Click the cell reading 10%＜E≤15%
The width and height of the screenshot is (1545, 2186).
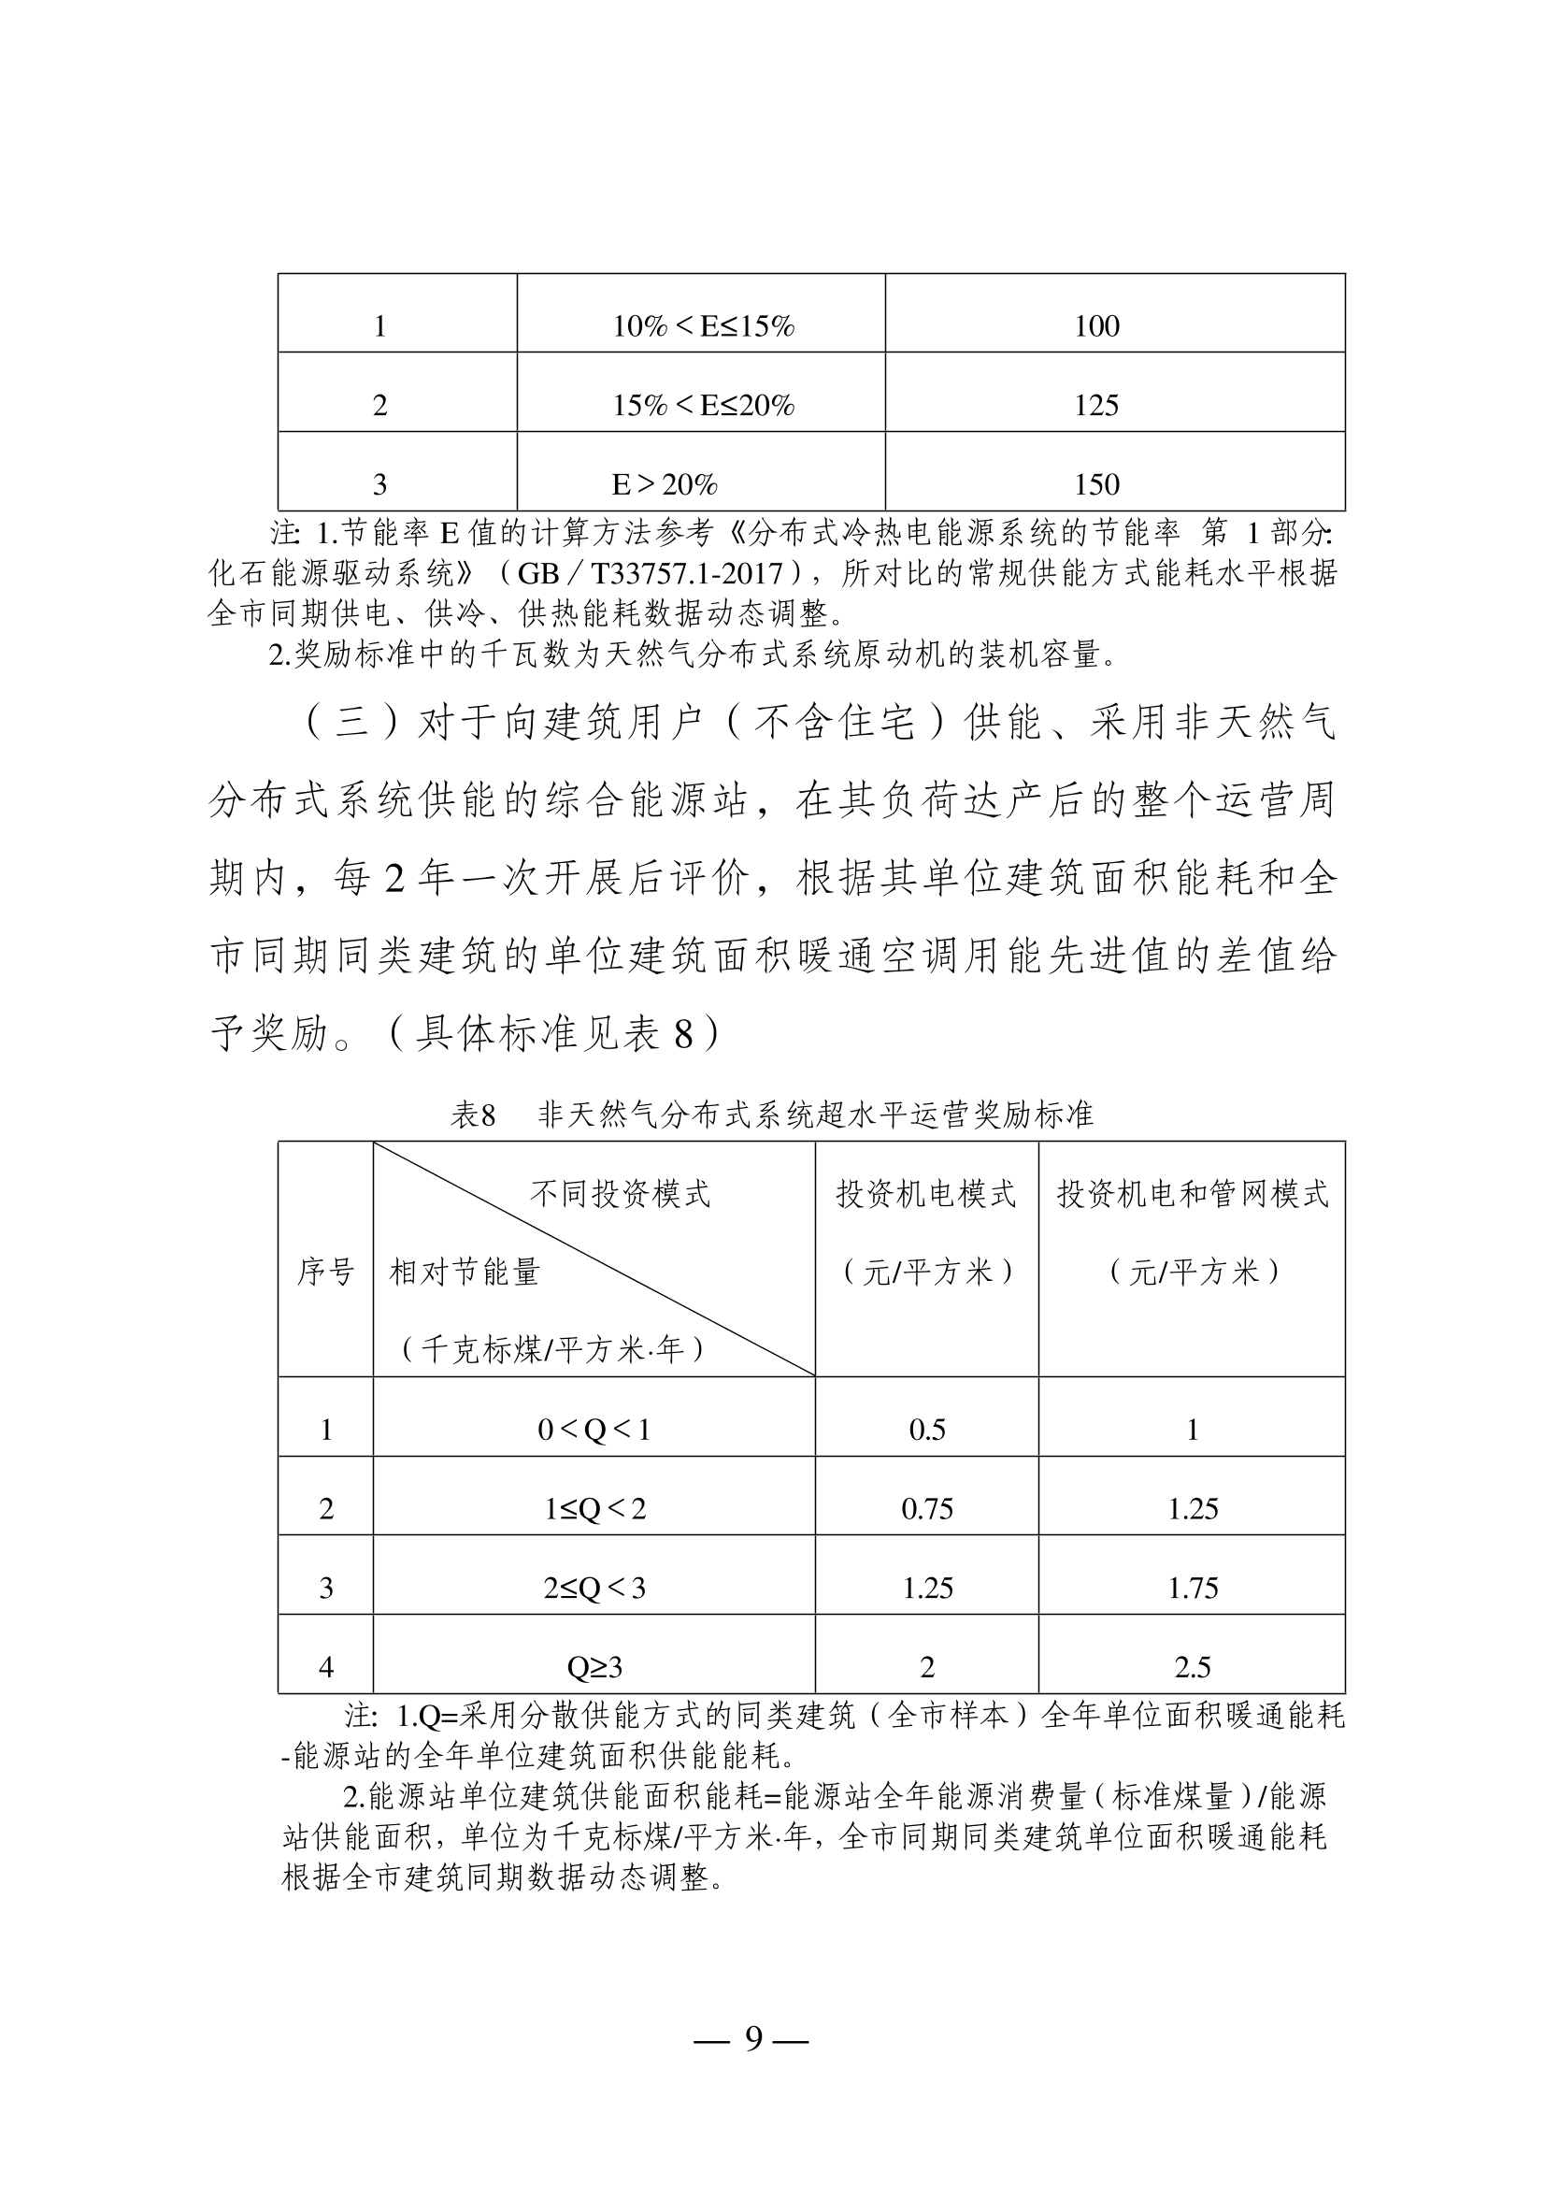703,326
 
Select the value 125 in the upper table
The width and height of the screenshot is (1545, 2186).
1095,406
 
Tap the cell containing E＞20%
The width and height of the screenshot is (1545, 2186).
664,484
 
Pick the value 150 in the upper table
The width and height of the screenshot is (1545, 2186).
1095,484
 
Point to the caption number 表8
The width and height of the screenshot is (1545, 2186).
473,1115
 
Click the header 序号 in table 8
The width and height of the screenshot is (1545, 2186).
325,1271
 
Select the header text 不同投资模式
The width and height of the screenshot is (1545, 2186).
620,1193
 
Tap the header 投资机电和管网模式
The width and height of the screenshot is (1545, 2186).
1192,1193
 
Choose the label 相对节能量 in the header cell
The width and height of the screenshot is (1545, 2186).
465,1271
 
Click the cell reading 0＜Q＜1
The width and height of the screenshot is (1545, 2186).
594,1429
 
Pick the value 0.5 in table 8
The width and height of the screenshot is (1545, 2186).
927,1429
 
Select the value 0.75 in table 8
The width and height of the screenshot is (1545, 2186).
927,1508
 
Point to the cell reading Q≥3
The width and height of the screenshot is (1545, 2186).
594,1666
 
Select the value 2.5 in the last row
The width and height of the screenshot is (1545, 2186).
1193,1666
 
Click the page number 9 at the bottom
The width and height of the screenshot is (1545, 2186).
754,2037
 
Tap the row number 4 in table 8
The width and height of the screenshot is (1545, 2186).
325,1666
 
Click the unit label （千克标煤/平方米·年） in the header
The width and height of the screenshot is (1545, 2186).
553,1349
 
